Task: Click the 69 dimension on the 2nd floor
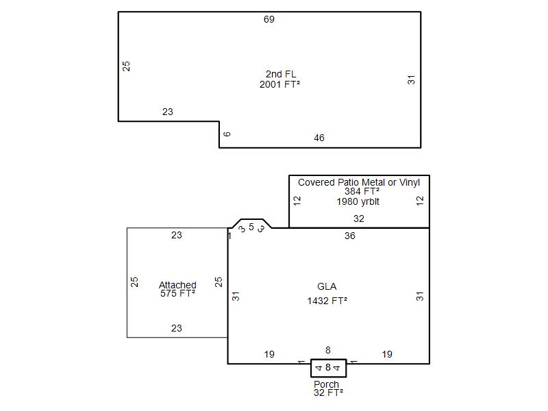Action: pyautogui.click(x=269, y=19)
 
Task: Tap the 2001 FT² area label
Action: pyautogui.click(x=279, y=84)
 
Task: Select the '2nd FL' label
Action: pyautogui.click(x=281, y=74)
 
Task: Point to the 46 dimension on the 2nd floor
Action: pyautogui.click(x=319, y=138)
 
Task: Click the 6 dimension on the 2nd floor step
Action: pyautogui.click(x=227, y=134)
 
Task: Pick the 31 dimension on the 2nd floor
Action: pyautogui.click(x=412, y=79)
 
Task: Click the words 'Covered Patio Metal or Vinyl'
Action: pyautogui.click(x=358, y=182)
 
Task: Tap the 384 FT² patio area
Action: pyautogui.click(x=362, y=191)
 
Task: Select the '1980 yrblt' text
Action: pyautogui.click(x=358, y=201)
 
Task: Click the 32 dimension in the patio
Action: pyautogui.click(x=358, y=219)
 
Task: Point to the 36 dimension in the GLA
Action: pyautogui.click(x=349, y=236)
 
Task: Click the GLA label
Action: pyautogui.click(x=327, y=286)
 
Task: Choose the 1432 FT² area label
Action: pyautogui.click(x=327, y=301)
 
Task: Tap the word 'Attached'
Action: pyautogui.click(x=177, y=285)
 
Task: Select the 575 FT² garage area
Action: pyautogui.click(x=177, y=293)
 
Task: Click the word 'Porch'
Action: pyautogui.click(x=326, y=384)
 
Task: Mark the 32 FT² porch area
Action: pyautogui.click(x=328, y=393)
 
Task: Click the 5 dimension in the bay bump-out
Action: pyautogui.click(x=251, y=227)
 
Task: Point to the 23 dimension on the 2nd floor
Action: pyautogui.click(x=167, y=112)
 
